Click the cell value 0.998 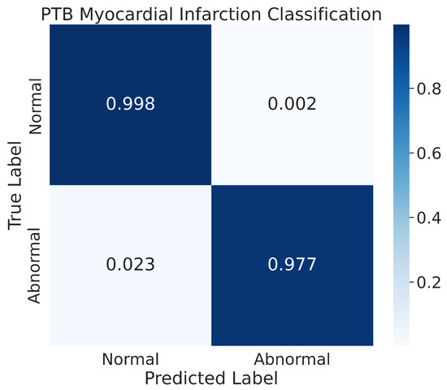pyautogui.click(x=131, y=106)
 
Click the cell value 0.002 pyautogui.click(x=293, y=106)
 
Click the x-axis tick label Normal pyautogui.click(x=131, y=358)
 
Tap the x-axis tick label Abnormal pyautogui.click(x=293, y=358)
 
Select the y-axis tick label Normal pyautogui.click(x=37, y=106)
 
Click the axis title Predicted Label pyautogui.click(x=211, y=378)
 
